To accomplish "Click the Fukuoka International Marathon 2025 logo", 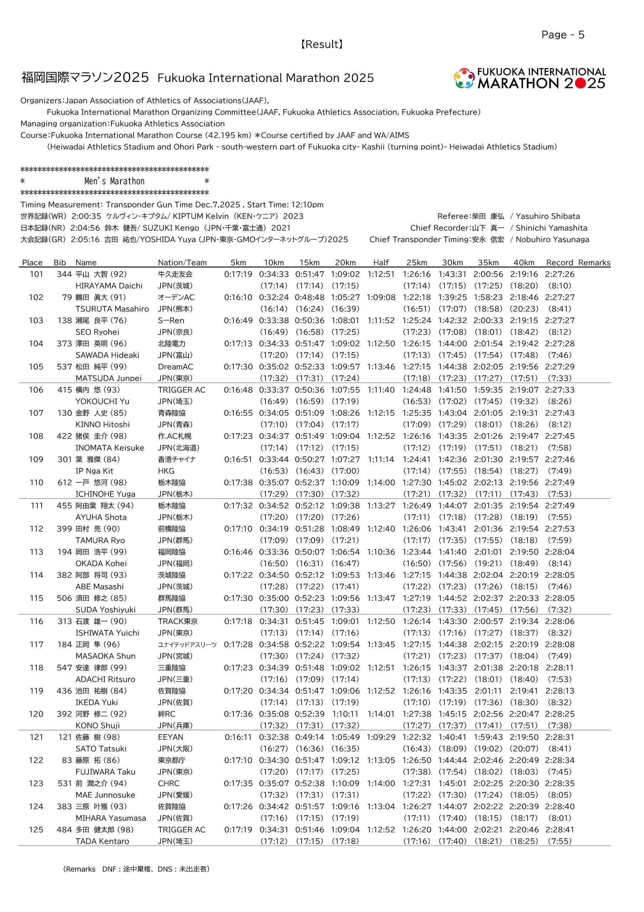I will click(x=530, y=78).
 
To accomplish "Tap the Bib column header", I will click(x=59, y=263).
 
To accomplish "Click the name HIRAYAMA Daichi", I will click(x=109, y=286).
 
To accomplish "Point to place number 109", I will click(x=36, y=459).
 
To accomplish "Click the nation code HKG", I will click(x=166, y=471).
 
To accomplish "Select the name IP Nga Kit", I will click(x=94, y=471).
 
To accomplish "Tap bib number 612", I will click(x=64, y=482).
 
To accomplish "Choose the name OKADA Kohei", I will click(x=101, y=563).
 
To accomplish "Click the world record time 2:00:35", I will click(x=86, y=217).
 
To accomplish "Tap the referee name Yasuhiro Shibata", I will click(x=548, y=217).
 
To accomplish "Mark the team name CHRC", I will click(x=168, y=783).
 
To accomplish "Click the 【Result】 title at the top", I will click(x=321, y=45).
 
